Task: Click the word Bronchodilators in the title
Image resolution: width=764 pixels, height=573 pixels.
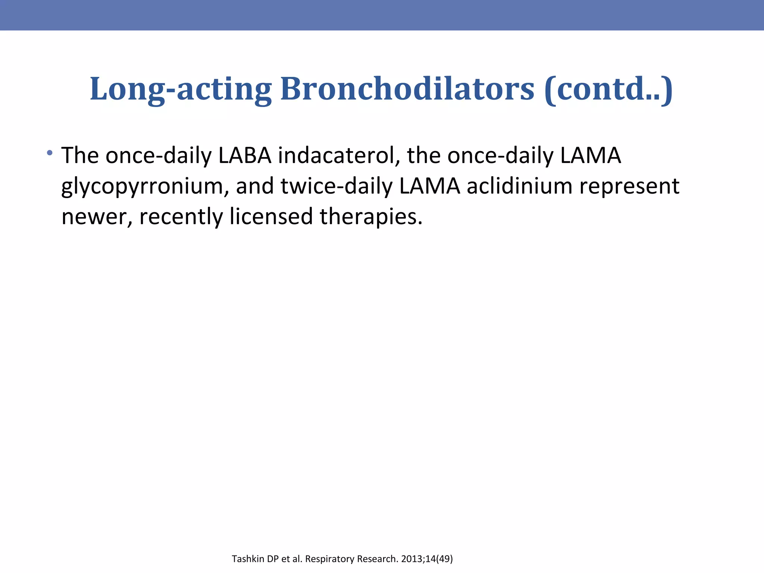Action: point(407,89)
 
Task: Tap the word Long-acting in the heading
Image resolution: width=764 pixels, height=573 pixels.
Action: point(181,89)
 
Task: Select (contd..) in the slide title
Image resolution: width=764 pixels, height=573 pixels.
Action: point(608,89)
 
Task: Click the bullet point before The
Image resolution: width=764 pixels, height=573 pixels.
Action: point(50,153)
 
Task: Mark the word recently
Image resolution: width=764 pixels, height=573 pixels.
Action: point(181,217)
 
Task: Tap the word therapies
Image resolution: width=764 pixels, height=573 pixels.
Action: point(371,217)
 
